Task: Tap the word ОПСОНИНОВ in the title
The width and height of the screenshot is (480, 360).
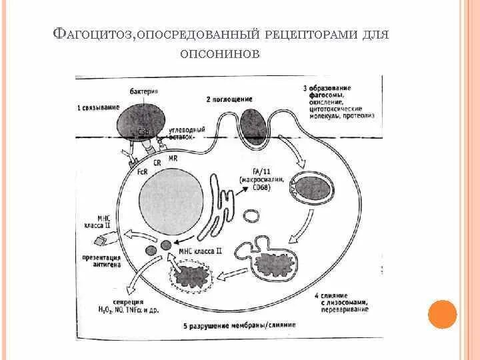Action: (219, 54)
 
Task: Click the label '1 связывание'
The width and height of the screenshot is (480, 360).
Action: (98, 108)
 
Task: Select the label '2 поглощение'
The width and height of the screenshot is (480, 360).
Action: (229, 99)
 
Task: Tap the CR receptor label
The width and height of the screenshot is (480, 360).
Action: (158, 162)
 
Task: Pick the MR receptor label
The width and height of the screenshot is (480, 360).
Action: (173, 158)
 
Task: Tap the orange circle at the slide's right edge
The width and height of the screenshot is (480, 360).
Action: (441, 314)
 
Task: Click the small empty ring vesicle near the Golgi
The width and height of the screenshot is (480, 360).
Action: (251, 215)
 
